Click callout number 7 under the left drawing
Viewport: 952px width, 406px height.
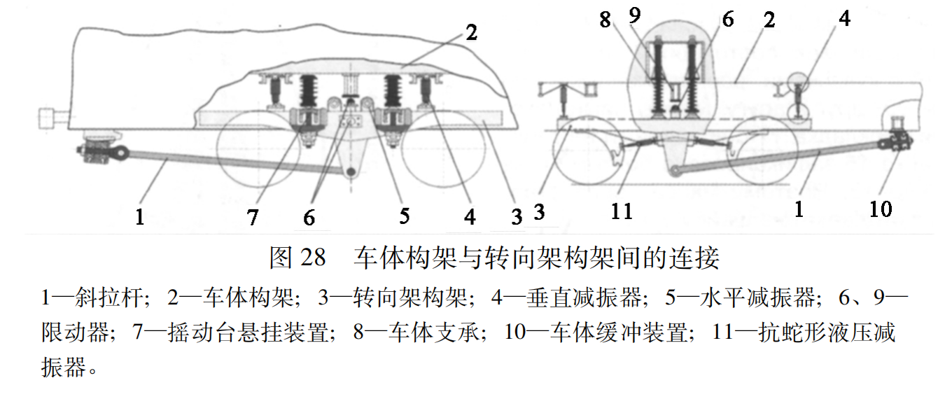(x=253, y=216)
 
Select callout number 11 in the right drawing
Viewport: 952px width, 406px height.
(x=622, y=210)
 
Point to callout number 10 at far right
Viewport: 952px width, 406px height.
(x=881, y=208)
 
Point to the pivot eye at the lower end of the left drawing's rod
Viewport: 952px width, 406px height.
(x=351, y=170)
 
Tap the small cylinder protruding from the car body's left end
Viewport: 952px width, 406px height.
(x=53, y=117)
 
